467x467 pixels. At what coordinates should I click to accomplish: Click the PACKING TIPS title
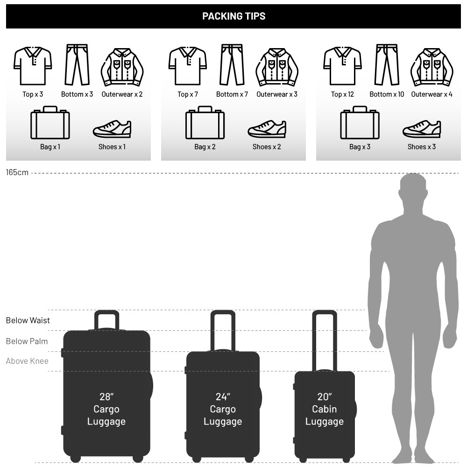(234, 16)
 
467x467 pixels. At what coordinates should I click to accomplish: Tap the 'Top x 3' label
(33, 94)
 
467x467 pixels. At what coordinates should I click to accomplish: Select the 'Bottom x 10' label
(387, 94)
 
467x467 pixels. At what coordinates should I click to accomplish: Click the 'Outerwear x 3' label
(277, 94)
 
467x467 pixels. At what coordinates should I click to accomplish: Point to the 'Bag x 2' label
(205, 147)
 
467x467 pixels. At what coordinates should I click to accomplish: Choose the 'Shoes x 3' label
(421, 147)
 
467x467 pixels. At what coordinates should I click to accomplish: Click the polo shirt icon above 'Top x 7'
(188, 66)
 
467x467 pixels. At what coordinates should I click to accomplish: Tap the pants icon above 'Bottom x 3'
(77, 64)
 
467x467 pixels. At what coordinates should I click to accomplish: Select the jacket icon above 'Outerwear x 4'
(432, 67)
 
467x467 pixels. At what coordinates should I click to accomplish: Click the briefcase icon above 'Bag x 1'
(50, 122)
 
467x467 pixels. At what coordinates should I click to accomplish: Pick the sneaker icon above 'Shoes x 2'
(267, 129)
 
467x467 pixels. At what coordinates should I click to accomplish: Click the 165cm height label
(17, 172)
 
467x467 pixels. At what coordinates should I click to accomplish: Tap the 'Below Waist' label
(28, 320)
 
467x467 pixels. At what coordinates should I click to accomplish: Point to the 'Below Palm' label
(27, 341)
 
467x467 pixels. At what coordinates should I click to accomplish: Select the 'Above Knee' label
(27, 361)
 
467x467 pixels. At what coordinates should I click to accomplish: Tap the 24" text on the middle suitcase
(223, 396)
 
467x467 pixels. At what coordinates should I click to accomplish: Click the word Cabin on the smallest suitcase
(325, 409)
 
